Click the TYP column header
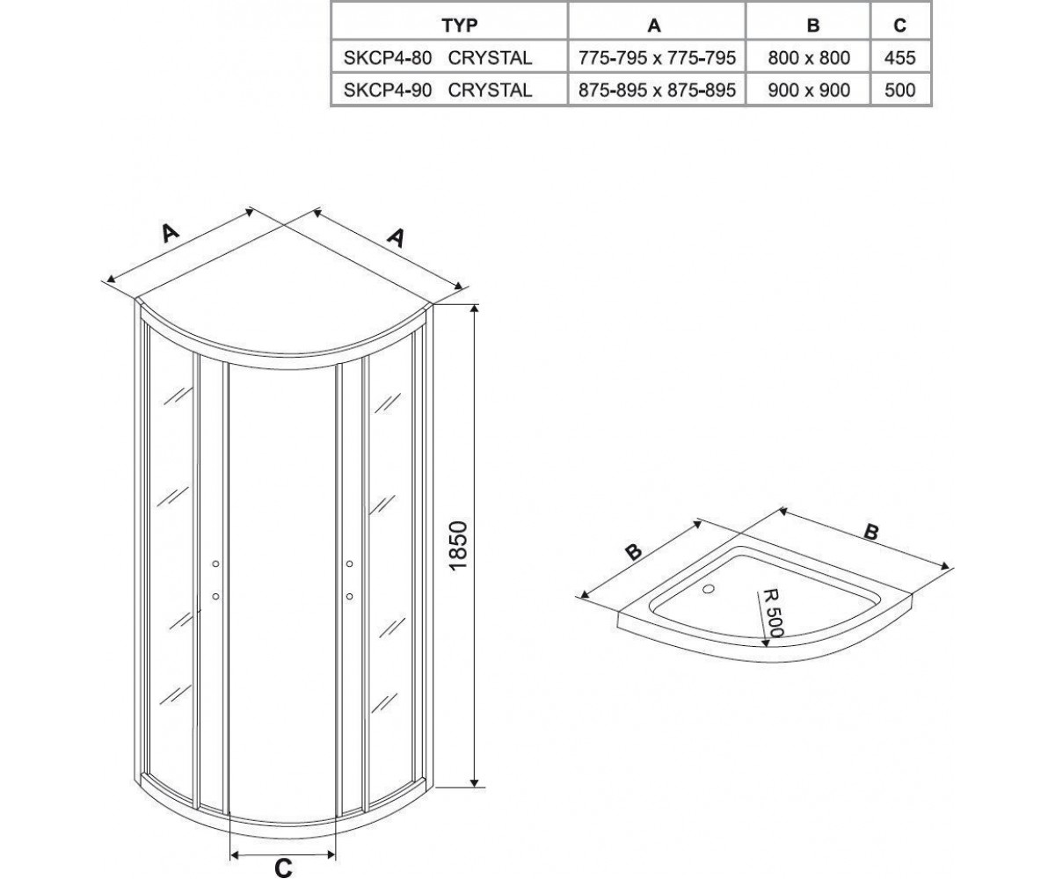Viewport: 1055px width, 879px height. coord(459,25)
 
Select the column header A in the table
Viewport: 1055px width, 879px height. coord(654,25)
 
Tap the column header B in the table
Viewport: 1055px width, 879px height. coord(813,25)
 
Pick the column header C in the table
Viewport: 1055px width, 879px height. coord(900,25)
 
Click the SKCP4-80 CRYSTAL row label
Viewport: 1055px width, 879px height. coord(438,58)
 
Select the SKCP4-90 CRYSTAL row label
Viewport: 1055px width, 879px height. coord(438,90)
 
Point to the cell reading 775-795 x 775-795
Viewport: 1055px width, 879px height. coord(657,58)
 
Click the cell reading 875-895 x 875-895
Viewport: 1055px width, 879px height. coord(657,90)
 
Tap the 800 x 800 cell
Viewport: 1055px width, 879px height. coord(809,58)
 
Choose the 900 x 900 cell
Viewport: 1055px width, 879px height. coord(809,90)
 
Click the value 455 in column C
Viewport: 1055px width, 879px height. coord(900,58)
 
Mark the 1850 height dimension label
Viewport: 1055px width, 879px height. coord(458,546)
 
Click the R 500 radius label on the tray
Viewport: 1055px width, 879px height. coord(773,613)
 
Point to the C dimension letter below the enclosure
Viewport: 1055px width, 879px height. coord(283,868)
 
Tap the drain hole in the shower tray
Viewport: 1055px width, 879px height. coord(709,589)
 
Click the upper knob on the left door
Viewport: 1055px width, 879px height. coord(215,563)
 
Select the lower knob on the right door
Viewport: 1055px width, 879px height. coord(349,597)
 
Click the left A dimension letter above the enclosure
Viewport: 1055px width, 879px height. coord(171,233)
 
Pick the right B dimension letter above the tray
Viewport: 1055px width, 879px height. coord(870,532)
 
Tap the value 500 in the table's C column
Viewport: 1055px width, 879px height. coord(900,90)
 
